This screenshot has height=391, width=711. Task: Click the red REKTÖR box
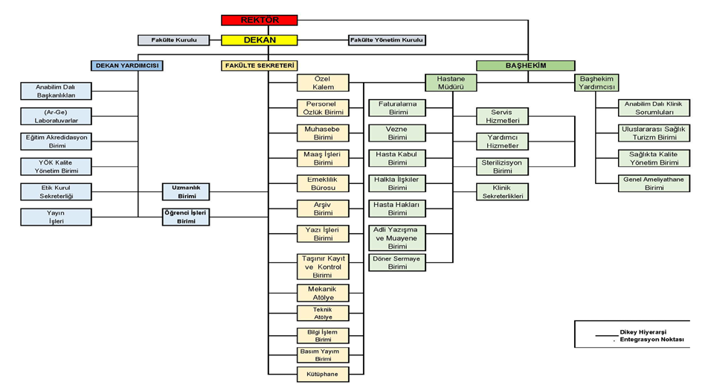pyautogui.click(x=260, y=20)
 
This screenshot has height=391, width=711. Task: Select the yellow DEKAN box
pyautogui.click(x=260, y=40)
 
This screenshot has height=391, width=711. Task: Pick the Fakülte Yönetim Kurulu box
pyautogui.click(x=387, y=40)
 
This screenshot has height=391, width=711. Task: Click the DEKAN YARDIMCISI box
pyautogui.click(x=127, y=66)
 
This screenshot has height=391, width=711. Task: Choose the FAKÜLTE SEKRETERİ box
pyautogui.click(x=260, y=66)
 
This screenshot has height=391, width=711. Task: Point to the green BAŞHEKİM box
pyautogui.click(x=525, y=66)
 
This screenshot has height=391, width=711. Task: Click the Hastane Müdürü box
pyautogui.click(x=451, y=83)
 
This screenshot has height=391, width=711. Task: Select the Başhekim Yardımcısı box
pyautogui.click(x=596, y=83)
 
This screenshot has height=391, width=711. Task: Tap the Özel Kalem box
pyautogui.click(x=323, y=83)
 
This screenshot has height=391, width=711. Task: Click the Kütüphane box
pyautogui.click(x=323, y=375)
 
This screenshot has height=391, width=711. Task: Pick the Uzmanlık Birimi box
pyautogui.click(x=186, y=191)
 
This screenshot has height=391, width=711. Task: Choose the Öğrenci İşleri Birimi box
pyautogui.click(x=186, y=217)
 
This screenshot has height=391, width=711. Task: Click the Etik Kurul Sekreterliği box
pyautogui.click(x=55, y=191)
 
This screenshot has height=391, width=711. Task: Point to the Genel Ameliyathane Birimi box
pyautogui.click(x=654, y=183)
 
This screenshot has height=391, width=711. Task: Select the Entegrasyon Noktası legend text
pyautogui.click(x=652, y=340)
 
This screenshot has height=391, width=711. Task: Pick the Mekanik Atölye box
pyautogui.click(x=323, y=293)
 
